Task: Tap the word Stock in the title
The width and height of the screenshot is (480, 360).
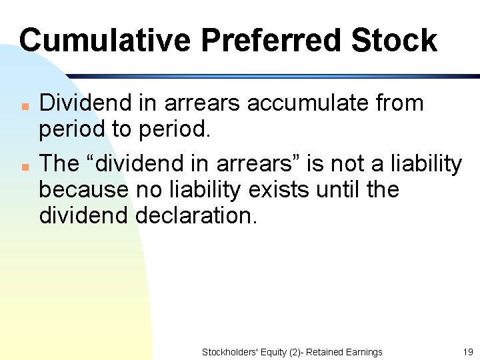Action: [394, 40]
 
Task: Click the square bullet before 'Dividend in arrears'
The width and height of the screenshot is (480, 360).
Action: [23, 106]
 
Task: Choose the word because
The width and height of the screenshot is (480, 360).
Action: [83, 189]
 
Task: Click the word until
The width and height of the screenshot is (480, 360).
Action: [340, 189]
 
